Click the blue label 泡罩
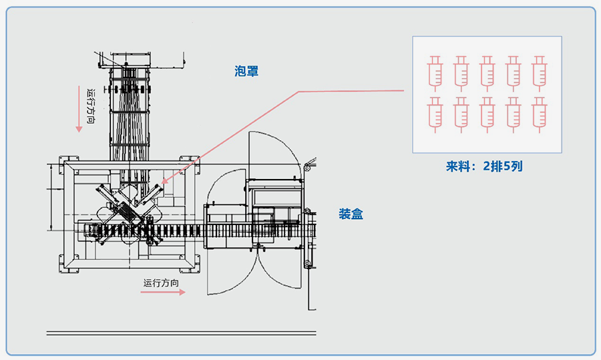(246, 71)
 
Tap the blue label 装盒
(351, 214)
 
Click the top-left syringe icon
(435, 73)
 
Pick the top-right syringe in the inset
(540, 73)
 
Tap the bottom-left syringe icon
(435, 114)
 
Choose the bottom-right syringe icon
(540, 114)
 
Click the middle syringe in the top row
(487, 73)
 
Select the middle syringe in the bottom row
(487, 114)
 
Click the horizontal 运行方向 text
(161, 283)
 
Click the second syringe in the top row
(461, 73)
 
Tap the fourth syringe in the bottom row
(514, 114)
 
